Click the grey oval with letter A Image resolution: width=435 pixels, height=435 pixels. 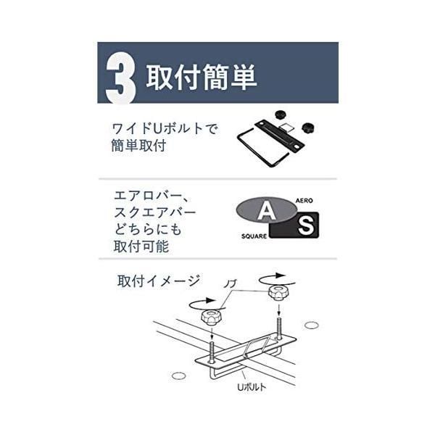[x=266, y=211]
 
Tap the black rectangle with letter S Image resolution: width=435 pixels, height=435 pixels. [x=305, y=226]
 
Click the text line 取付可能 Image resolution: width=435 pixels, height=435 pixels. [x=141, y=246]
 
